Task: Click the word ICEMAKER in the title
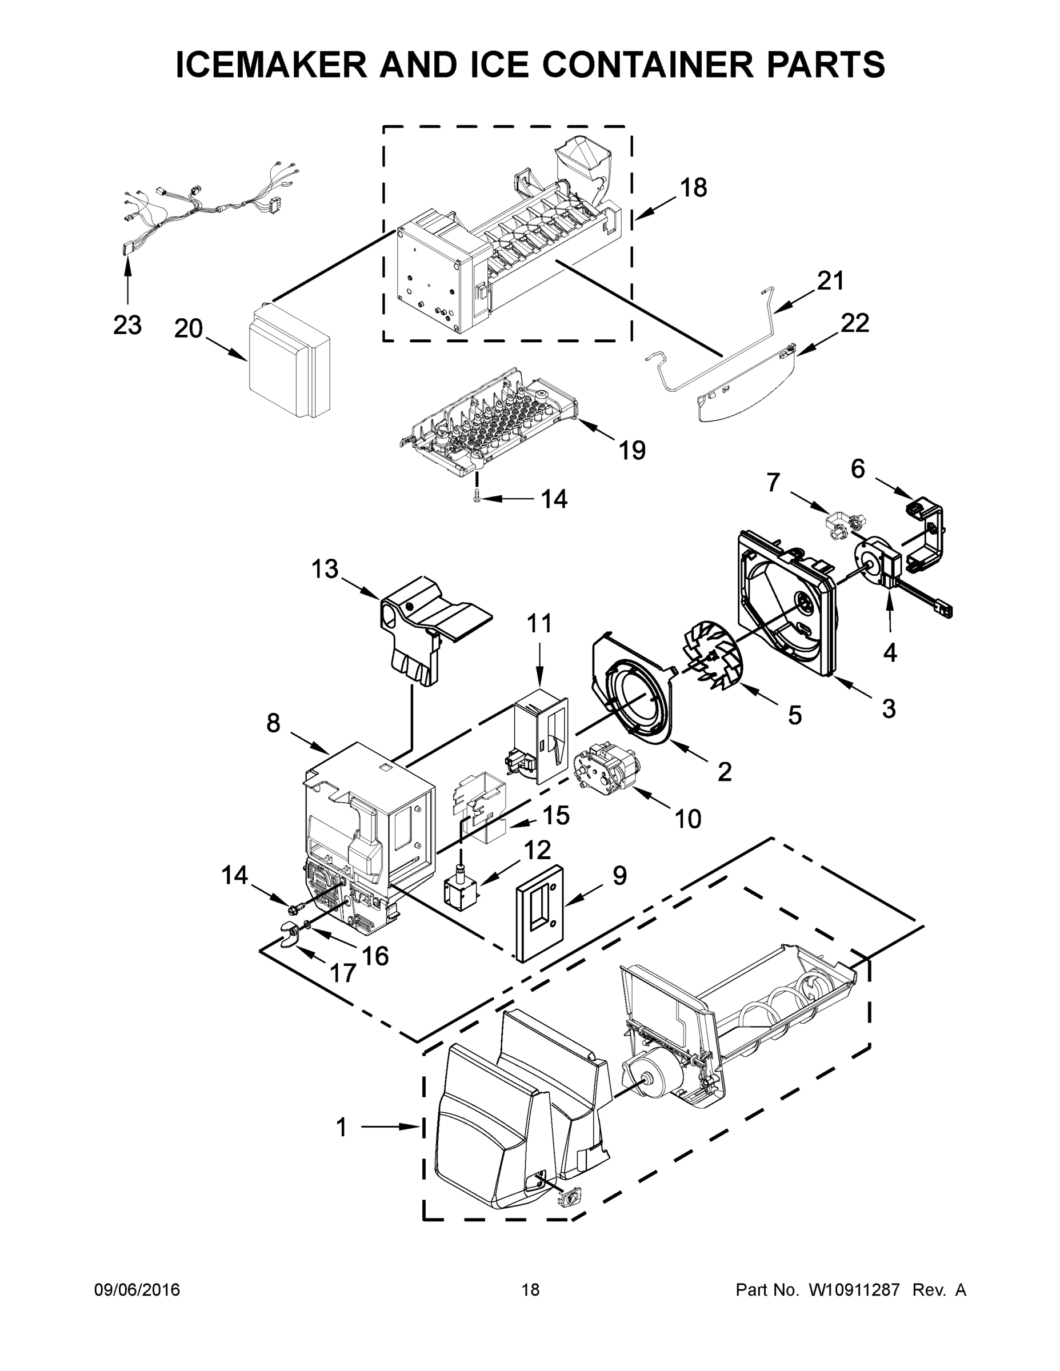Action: pyautogui.click(x=271, y=65)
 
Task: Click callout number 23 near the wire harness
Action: pyautogui.click(x=127, y=325)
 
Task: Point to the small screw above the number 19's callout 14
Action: pyautogui.click(x=477, y=497)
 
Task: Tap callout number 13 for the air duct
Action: pyautogui.click(x=325, y=570)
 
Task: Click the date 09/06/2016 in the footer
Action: pyautogui.click(x=137, y=1289)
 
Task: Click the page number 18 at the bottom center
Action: pyautogui.click(x=530, y=1289)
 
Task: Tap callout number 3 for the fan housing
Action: pyautogui.click(x=888, y=709)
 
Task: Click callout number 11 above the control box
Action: pyautogui.click(x=539, y=623)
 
